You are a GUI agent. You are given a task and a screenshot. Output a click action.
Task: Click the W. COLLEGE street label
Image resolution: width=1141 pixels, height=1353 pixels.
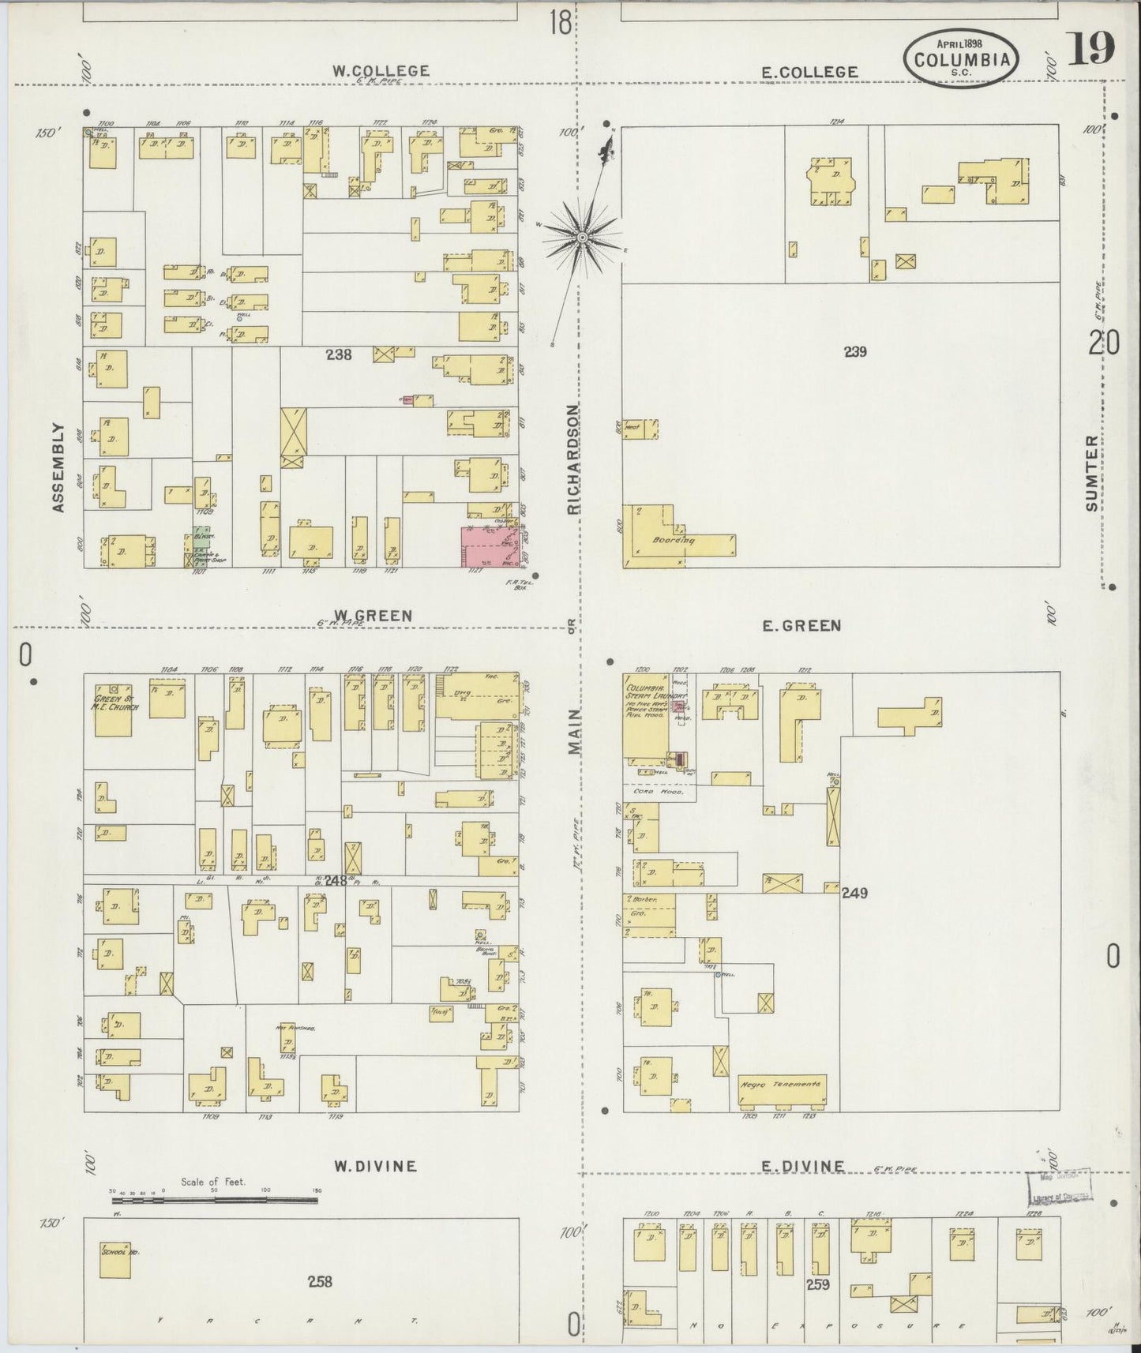[381, 70]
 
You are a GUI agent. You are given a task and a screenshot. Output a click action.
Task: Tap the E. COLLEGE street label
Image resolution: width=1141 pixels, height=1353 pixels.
[809, 72]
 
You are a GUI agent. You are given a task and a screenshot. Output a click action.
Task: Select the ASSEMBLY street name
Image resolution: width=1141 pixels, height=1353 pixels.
[58, 467]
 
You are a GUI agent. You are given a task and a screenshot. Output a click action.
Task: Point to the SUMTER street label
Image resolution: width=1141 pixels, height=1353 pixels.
[1092, 473]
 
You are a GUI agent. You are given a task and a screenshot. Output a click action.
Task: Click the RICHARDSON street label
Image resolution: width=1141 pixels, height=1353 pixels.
[574, 459]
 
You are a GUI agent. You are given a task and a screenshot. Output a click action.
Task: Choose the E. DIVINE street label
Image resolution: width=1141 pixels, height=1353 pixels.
[803, 1167]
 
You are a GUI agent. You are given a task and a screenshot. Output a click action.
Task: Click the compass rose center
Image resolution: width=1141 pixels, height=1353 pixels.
[582, 237]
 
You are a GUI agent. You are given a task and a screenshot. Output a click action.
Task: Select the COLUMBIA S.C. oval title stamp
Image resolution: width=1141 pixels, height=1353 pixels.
[961, 58]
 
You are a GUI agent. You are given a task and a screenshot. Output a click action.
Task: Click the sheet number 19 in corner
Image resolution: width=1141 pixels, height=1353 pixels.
[1092, 50]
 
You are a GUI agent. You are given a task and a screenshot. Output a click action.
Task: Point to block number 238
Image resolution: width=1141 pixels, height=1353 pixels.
[339, 355]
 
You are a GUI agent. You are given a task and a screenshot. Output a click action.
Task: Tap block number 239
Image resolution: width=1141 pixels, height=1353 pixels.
[855, 352]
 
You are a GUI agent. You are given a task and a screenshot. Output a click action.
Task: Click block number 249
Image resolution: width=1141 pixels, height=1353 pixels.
[855, 893]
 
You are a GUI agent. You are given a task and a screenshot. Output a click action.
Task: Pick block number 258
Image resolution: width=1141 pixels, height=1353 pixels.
[321, 1282]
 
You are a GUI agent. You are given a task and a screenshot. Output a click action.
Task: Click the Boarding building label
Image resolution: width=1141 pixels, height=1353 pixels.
[673, 542]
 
